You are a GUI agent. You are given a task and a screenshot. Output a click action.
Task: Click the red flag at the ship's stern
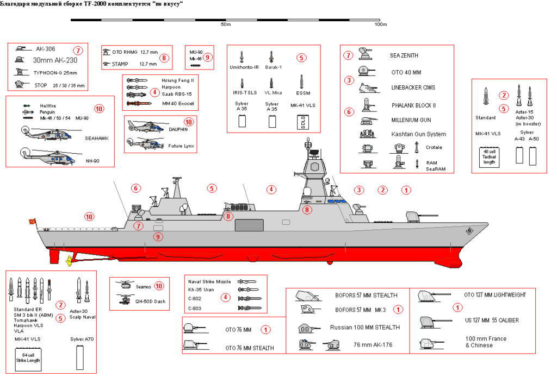[33, 222]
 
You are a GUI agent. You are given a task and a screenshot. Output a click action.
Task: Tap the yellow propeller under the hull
[69, 261]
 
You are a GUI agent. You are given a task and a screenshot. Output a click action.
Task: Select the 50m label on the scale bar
[226, 24]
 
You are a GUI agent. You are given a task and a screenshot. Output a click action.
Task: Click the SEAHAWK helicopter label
[97, 139]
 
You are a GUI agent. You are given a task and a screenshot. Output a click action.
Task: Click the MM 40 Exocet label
[177, 103]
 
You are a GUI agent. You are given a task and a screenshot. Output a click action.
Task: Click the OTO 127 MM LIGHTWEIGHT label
[495, 295]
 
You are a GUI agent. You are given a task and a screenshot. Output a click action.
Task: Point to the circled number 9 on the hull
[158, 236]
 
